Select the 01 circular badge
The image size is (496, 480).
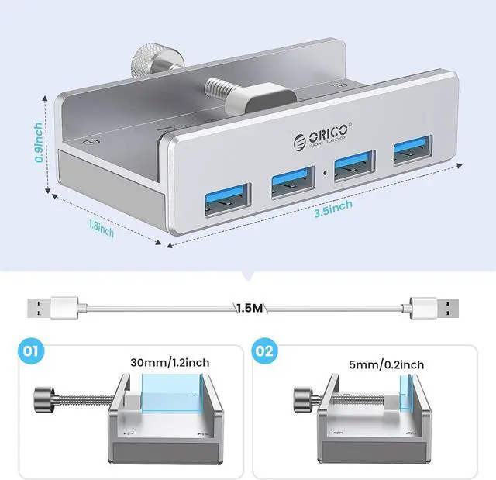click(x=29, y=351)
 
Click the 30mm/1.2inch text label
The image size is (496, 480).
click(x=170, y=362)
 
